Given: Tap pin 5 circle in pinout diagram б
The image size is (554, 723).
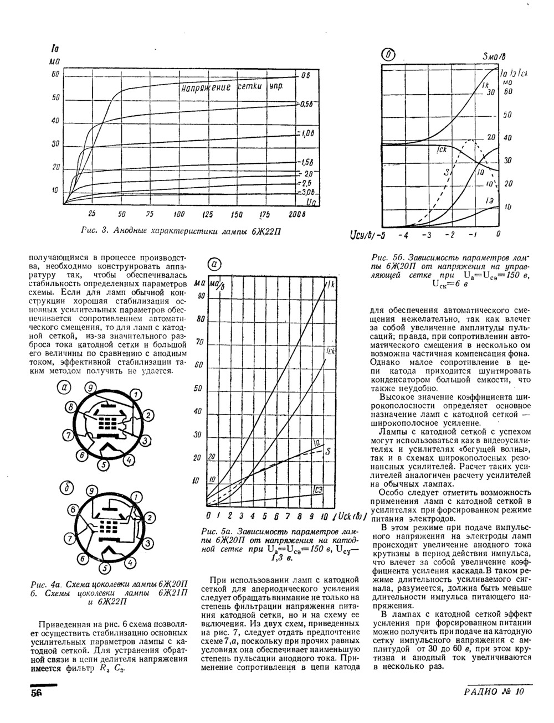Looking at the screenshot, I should pos(104,569).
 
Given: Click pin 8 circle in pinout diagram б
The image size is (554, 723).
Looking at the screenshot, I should pos(72,509).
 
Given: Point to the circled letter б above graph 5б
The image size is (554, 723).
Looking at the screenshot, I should pos(391,55).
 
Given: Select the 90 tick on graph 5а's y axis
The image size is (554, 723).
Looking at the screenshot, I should pos(201,295).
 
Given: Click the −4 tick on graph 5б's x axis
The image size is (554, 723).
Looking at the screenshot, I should pos(407,235).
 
